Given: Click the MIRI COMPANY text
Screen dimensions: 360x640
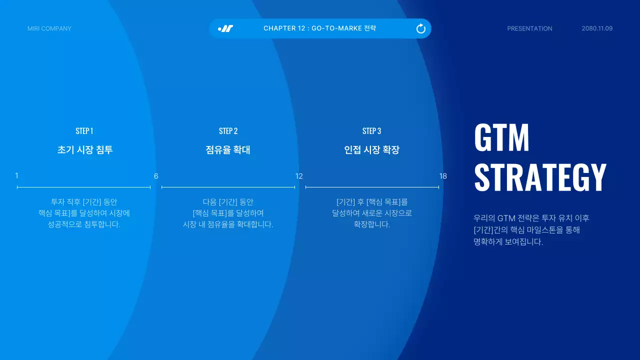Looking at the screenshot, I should tap(49, 28).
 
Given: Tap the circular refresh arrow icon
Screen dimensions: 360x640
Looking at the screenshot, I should tap(421, 28).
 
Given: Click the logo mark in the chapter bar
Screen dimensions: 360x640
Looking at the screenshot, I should tap(225, 28).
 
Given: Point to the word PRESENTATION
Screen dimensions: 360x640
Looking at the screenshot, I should tap(529, 28).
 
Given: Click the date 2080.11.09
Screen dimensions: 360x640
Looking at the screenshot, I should tap(597, 28).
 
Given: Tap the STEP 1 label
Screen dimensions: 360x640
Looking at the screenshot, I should tap(84, 131).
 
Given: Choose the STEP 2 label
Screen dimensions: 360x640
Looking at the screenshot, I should tap(228, 131).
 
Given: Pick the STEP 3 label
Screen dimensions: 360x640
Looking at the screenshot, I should tap(371, 131).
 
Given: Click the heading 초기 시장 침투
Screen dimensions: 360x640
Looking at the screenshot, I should tap(85, 150).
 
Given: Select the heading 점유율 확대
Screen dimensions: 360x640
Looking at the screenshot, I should tap(228, 150).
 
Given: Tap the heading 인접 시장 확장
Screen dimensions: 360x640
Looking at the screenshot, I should tap(372, 150).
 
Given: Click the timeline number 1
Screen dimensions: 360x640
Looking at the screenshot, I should tap(16, 175).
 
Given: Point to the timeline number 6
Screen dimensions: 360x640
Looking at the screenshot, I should tap(156, 176).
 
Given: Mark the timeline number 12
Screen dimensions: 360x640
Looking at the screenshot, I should tap(299, 176).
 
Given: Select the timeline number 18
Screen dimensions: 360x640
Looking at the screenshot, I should tap(443, 176).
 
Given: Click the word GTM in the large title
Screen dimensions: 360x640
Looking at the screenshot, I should tap(501, 138).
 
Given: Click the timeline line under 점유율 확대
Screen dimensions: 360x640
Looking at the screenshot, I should tap(228, 187).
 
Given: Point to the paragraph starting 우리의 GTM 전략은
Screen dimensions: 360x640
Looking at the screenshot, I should tap(531, 230).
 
